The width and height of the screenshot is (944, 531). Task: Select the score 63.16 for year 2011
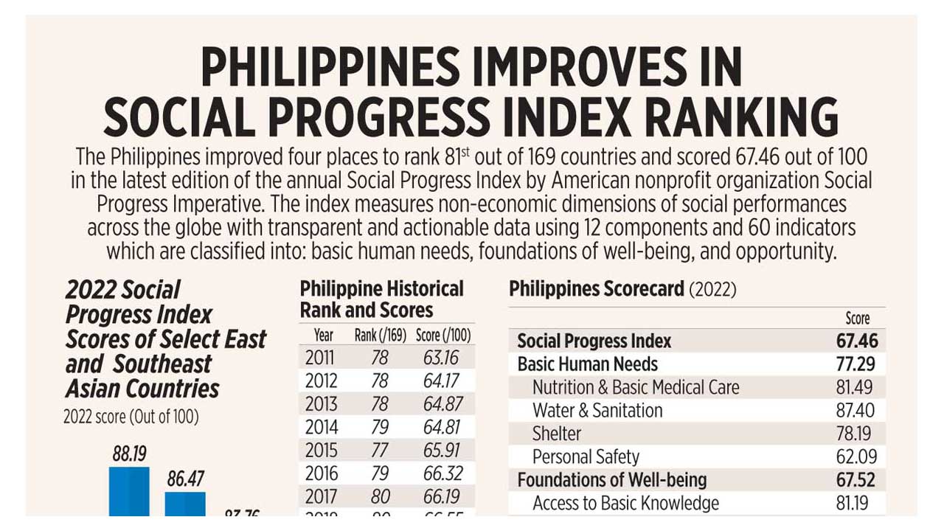pos(441,358)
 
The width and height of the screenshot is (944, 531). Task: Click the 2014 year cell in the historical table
pos(321,427)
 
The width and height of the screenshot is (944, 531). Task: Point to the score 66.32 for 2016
pos(441,473)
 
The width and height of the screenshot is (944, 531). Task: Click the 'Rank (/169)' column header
pos(380,336)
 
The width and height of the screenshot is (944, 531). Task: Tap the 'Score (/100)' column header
pos(442,336)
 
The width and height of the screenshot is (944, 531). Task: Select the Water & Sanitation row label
pos(597,411)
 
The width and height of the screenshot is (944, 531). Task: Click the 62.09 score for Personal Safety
pos(857,457)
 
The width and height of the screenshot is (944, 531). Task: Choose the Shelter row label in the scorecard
pos(557,434)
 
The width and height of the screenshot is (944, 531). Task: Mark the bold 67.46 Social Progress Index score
pos(857,341)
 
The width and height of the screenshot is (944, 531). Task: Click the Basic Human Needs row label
pos(587,364)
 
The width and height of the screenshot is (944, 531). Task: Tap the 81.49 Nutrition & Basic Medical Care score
pos(857,388)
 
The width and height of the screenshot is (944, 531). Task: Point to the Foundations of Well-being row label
pos(611,480)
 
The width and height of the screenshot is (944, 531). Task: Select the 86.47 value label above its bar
pos(185,479)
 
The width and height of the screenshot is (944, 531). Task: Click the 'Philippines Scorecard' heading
pos(596,289)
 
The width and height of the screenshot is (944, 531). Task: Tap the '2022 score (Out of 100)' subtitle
pos(131,417)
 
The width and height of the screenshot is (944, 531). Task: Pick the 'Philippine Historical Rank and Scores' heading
pos(381,299)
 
